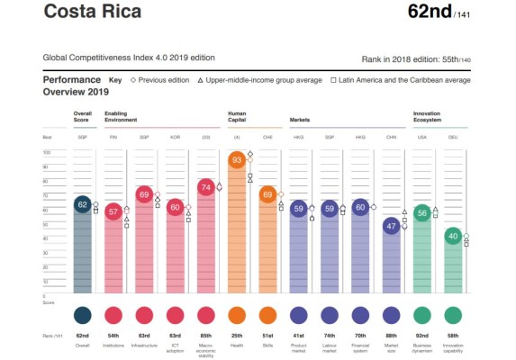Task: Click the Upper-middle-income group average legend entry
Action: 261,80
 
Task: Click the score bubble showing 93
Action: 237,160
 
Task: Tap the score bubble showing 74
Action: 205,187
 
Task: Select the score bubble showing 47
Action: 391,226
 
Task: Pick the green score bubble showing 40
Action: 453,236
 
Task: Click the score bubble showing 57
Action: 113,211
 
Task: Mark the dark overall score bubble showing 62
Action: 82,205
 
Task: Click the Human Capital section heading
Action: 238,116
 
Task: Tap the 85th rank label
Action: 205,336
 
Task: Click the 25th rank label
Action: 237,336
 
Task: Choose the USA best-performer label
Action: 421,137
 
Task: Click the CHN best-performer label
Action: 391,137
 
